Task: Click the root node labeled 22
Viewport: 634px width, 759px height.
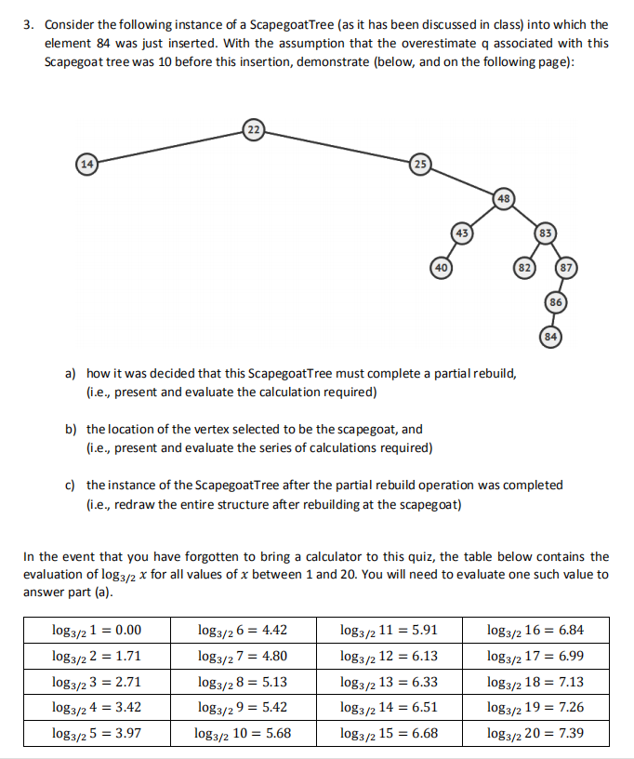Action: coord(253,128)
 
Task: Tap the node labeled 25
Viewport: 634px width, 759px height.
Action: coord(419,164)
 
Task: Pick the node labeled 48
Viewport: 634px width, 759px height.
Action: coord(503,198)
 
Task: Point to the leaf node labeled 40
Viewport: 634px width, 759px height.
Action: coord(441,267)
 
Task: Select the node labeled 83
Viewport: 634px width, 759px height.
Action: coord(547,232)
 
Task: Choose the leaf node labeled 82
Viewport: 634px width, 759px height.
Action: coord(527,267)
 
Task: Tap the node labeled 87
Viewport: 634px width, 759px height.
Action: coord(566,267)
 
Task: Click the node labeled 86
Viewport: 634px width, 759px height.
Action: coord(555,301)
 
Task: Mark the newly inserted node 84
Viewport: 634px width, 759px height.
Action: coord(550,335)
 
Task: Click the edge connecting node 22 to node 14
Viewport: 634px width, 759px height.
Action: coord(167,146)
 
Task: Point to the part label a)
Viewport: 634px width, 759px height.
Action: coord(69,373)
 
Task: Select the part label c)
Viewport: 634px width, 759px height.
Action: coord(69,485)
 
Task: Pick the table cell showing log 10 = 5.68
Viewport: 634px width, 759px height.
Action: coord(243,732)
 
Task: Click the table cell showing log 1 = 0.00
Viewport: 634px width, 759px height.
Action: coord(97,630)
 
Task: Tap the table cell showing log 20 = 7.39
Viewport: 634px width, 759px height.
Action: coord(535,732)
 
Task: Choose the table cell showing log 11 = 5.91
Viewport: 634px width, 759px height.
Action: coord(389,630)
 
